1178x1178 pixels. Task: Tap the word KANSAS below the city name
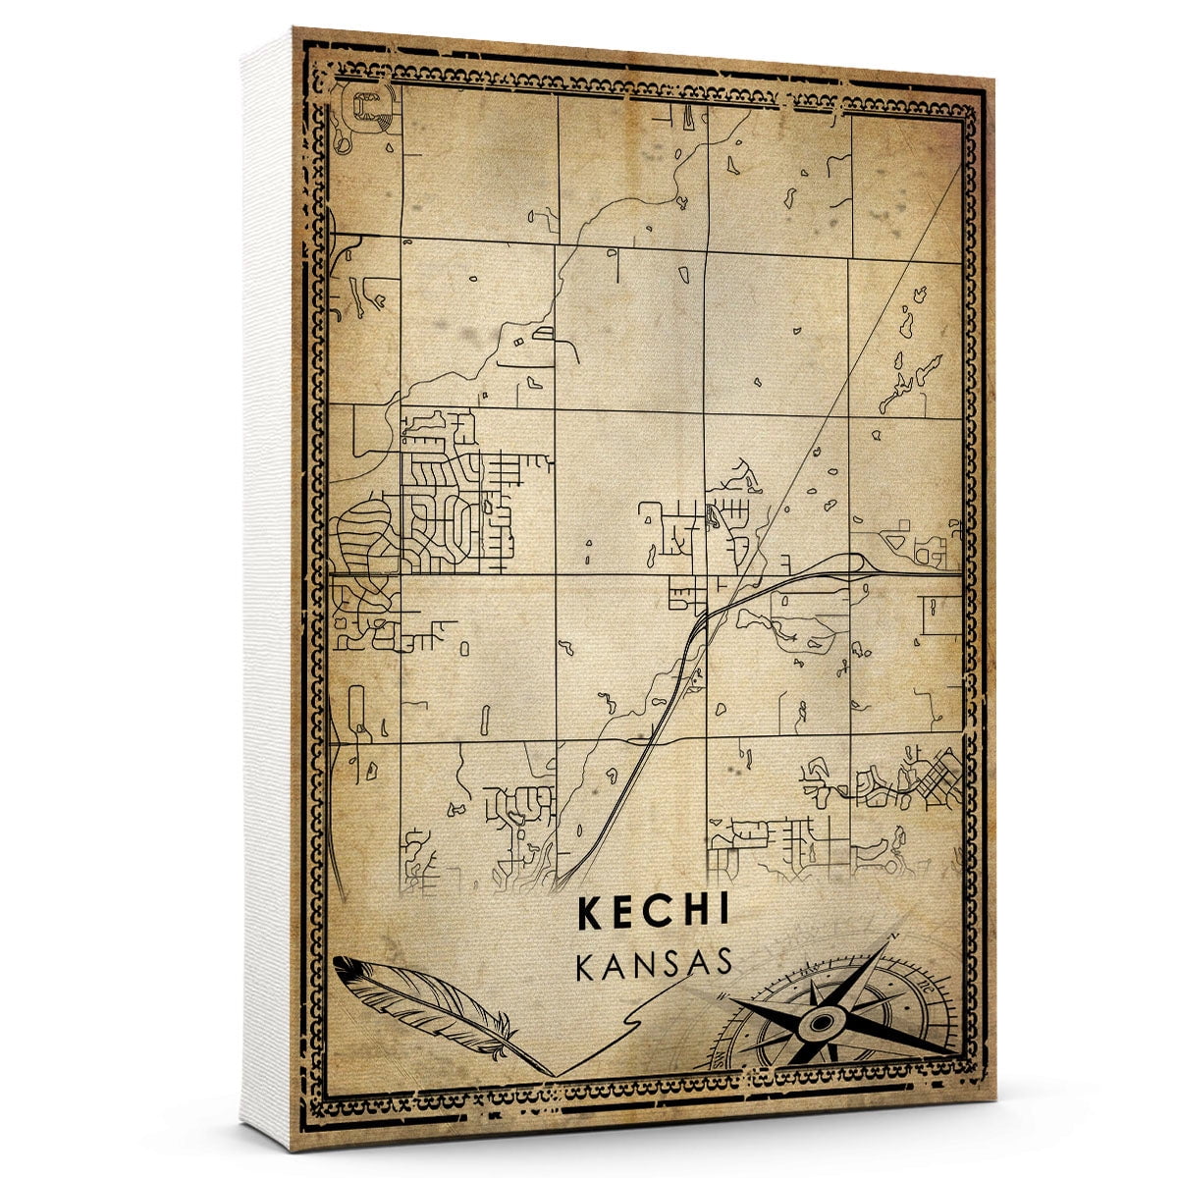point(655,963)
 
